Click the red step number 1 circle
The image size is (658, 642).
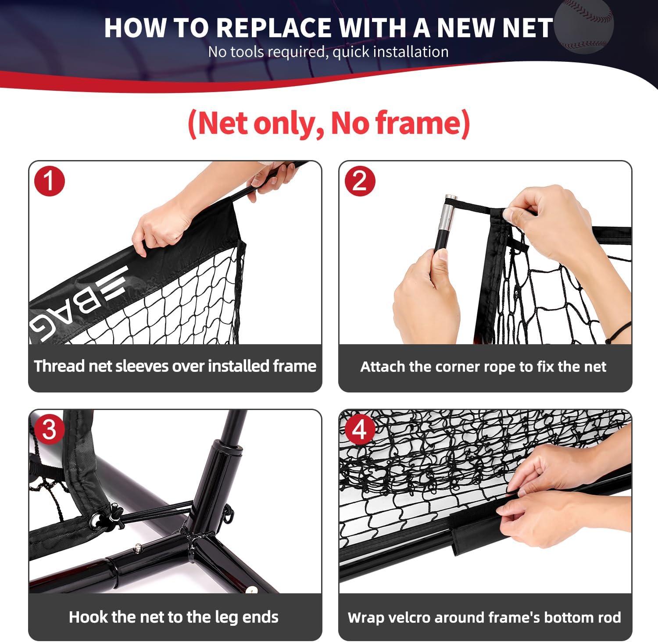(50, 181)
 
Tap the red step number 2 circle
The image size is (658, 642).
(360, 181)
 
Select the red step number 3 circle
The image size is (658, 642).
(49, 429)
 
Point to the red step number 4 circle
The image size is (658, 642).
(360, 429)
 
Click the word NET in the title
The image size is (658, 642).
(527, 28)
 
